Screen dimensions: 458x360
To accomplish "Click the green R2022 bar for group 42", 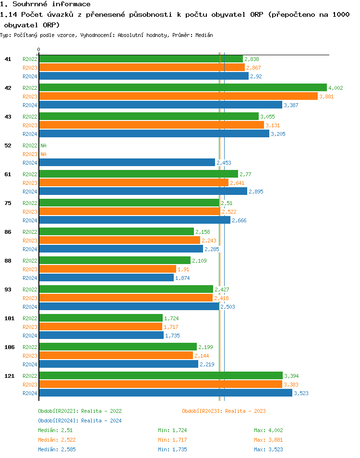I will tap(182, 88).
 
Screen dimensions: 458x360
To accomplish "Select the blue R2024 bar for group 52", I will tap(127, 163).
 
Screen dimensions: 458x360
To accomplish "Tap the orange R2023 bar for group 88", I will tap(108, 269).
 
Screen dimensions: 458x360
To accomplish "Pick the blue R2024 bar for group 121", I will tap(165, 393).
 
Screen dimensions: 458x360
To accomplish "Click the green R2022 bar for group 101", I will tap(101, 318).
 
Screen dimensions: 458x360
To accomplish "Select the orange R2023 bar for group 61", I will tap(133, 183).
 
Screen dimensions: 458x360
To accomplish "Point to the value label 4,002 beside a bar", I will tap(336, 88).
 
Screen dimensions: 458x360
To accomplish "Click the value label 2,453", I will tap(224, 163).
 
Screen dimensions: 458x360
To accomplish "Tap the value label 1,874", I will tap(183, 278).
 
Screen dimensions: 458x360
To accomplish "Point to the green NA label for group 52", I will tap(43, 145).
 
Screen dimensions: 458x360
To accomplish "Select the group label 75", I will tap(8, 203).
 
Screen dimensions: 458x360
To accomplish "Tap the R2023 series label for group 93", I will tap(30, 298).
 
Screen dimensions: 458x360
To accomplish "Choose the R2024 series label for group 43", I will tap(30, 134).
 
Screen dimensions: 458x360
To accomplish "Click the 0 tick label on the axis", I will tap(39, 49).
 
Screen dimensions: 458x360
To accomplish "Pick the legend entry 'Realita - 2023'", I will tap(224, 411).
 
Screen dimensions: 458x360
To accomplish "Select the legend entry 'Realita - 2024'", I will tap(80, 421).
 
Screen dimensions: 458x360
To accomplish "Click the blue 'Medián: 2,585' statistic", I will tap(57, 449).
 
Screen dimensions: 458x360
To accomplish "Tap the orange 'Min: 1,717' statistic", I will tap(172, 440).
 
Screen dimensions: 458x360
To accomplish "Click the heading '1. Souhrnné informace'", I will tap(45, 4).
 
